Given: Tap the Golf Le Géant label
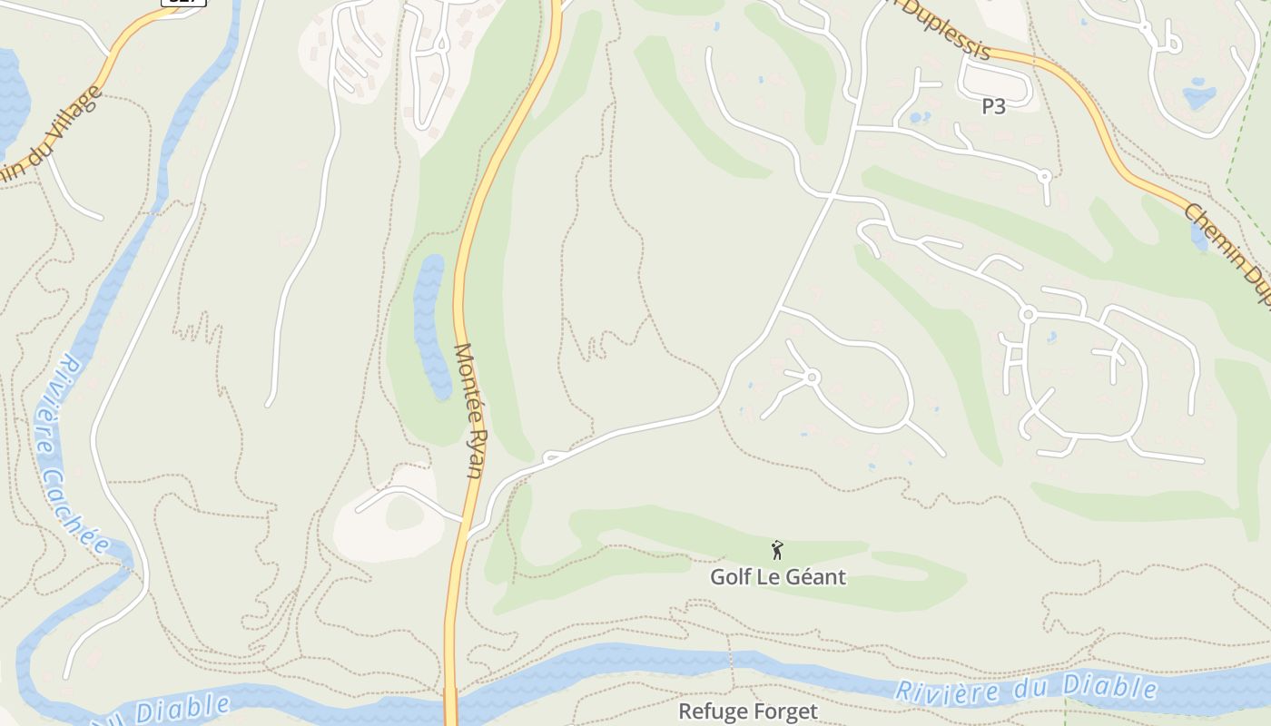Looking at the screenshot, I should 777,577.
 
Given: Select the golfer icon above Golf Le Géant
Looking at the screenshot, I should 777,549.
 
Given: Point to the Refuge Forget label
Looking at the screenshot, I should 748,711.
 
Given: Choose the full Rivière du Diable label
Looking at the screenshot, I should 1026,690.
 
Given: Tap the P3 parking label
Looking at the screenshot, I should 993,106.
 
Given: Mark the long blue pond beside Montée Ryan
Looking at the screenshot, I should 431,327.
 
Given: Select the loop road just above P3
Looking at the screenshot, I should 995,83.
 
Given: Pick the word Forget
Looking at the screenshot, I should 783,711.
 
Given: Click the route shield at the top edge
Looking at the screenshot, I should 183,2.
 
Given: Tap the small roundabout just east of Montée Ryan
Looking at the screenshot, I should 550,457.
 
